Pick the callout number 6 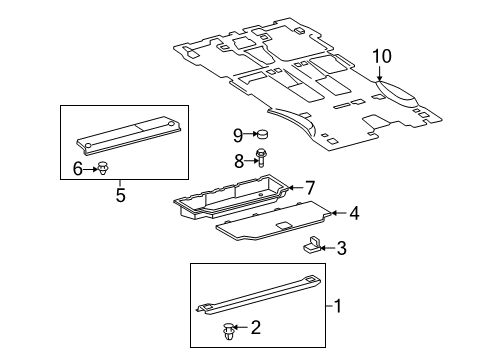tap(77, 170)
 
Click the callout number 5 tap(119, 195)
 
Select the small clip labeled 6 tap(101, 170)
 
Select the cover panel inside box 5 tap(130, 138)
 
